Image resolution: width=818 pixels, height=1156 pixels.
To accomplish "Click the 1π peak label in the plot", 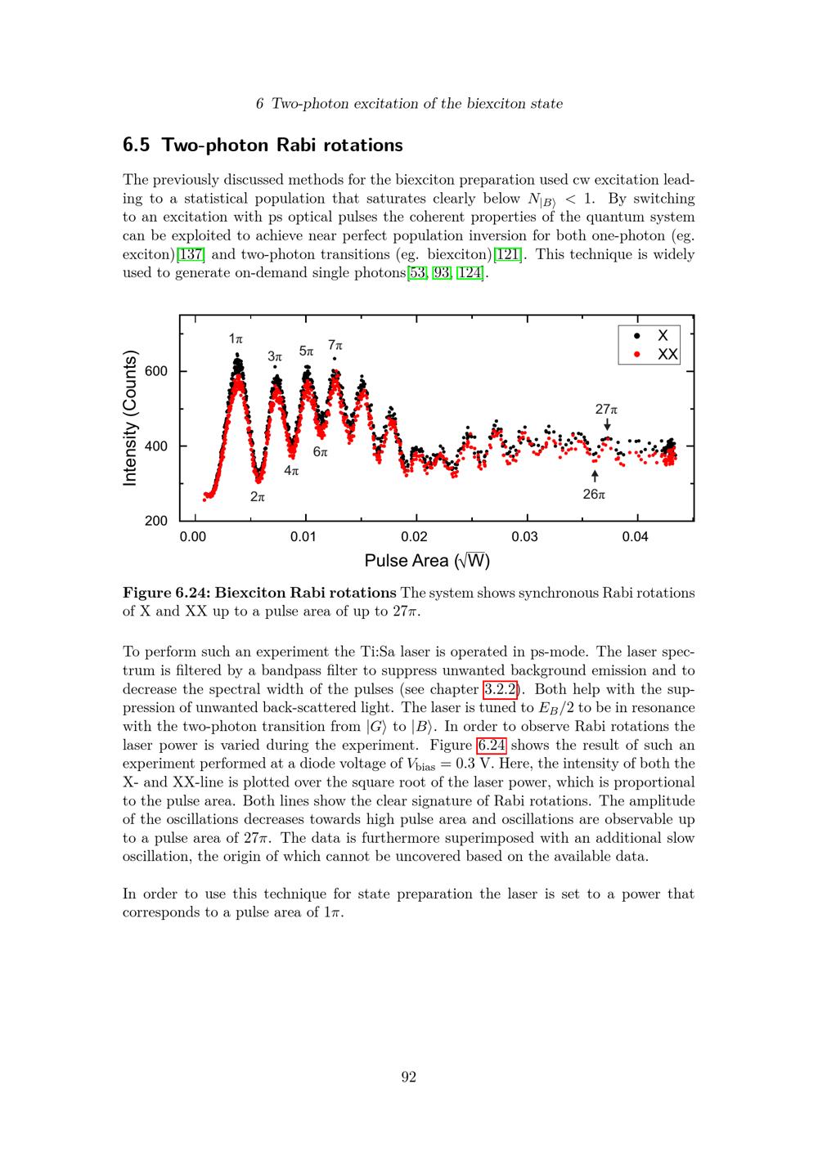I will point(236,338).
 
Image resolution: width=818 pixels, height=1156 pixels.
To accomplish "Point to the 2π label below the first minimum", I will point(258,496).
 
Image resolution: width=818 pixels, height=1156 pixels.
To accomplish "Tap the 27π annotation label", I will point(606,409).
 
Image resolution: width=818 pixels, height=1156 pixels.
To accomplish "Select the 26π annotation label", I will point(594,495).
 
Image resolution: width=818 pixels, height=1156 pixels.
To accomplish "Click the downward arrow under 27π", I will point(607,424).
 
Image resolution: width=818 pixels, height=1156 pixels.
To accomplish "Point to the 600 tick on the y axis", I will point(156,371).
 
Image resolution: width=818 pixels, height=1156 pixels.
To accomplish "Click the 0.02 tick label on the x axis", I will point(414,536).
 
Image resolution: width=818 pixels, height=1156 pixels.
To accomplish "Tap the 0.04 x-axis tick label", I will point(635,536).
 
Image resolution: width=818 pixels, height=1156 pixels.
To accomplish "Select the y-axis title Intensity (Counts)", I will point(130,418).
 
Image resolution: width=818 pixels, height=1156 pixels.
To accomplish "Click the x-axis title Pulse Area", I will point(426,561).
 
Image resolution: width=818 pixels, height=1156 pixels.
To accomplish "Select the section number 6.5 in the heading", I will point(137,146).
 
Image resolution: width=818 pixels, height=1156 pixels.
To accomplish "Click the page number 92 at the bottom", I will point(409,1077).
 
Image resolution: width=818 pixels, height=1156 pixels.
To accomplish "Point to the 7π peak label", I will point(335,346).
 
